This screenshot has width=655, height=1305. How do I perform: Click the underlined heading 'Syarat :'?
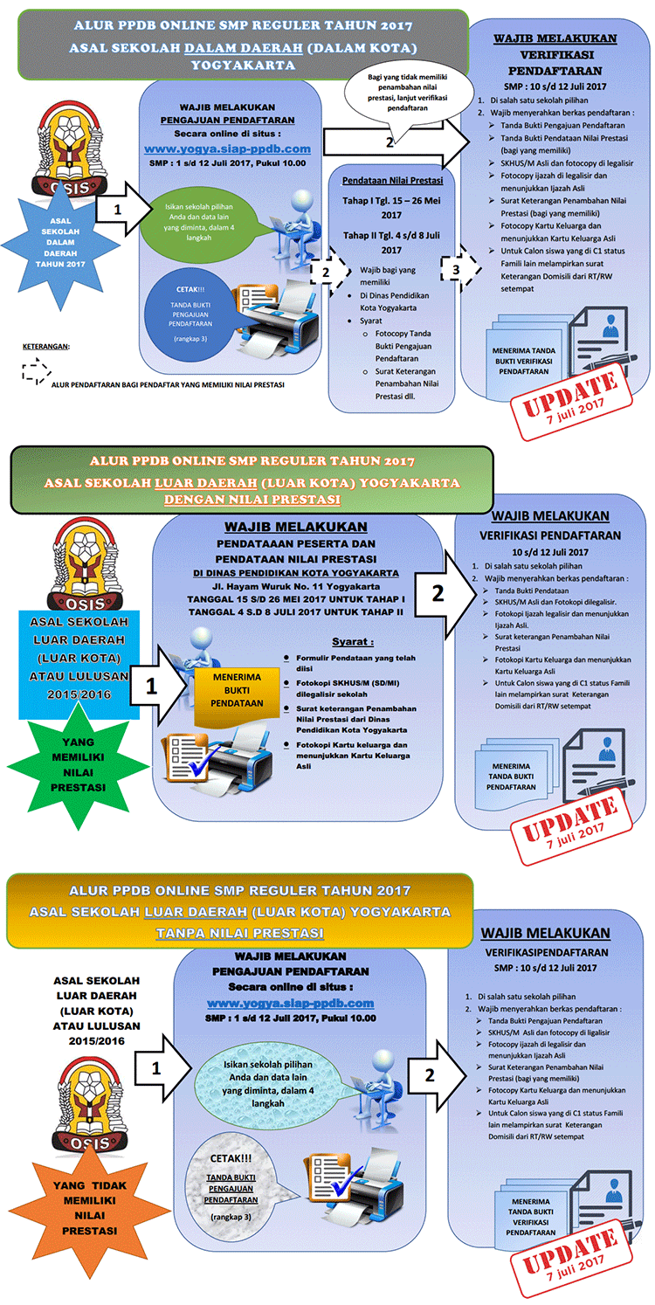353,641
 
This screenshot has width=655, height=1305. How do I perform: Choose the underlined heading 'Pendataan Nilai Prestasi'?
392,181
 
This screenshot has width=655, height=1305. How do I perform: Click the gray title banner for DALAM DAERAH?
243,45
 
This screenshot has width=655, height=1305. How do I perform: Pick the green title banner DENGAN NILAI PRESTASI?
252,480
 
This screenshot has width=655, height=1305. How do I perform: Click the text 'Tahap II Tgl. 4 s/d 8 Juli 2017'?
392,242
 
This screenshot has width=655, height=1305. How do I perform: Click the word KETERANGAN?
45,347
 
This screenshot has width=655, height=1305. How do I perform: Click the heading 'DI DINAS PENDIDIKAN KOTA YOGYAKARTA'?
296,573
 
